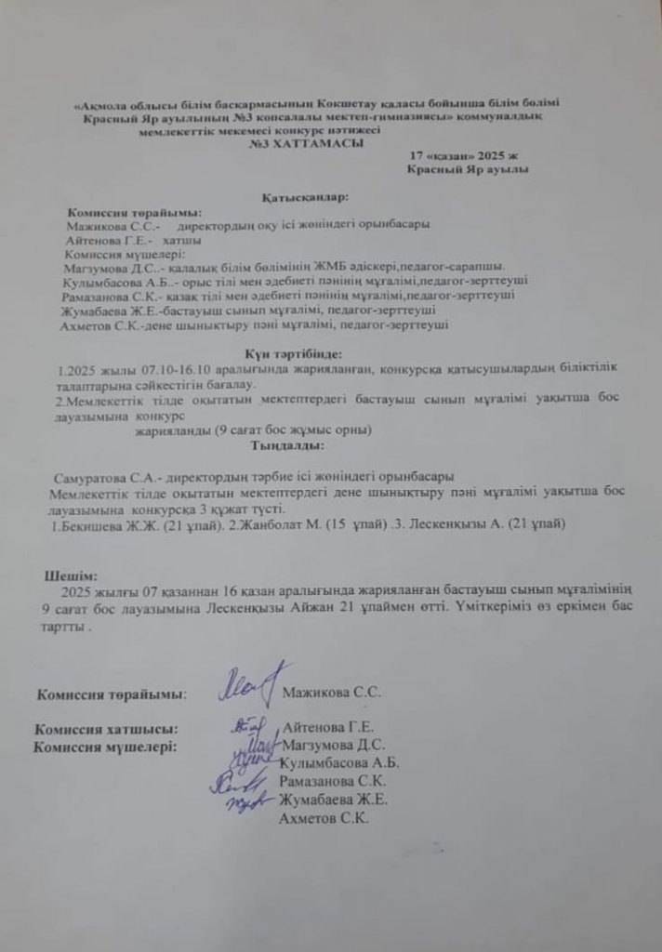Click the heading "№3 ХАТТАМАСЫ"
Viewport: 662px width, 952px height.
click(301, 144)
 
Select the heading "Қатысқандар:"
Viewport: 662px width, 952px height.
click(305, 197)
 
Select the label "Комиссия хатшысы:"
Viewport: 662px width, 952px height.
click(105, 729)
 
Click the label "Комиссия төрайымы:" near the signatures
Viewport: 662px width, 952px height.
click(111, 694)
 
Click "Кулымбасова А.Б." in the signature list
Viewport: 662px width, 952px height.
click(339, 762)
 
